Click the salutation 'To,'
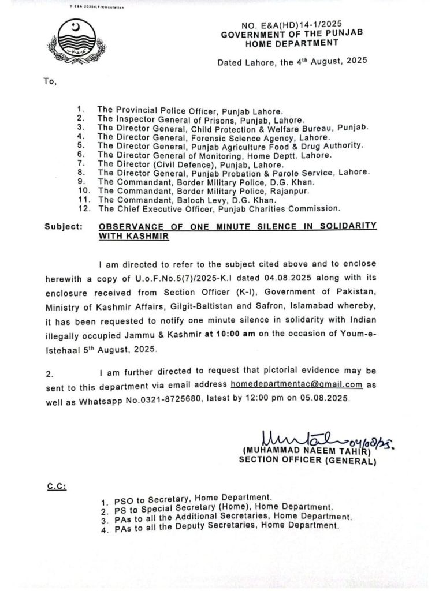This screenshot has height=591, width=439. [50, 81]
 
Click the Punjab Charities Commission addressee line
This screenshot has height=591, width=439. [218, 207]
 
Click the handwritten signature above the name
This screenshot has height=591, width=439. [300, 437]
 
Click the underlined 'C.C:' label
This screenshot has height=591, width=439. [56, 486]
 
